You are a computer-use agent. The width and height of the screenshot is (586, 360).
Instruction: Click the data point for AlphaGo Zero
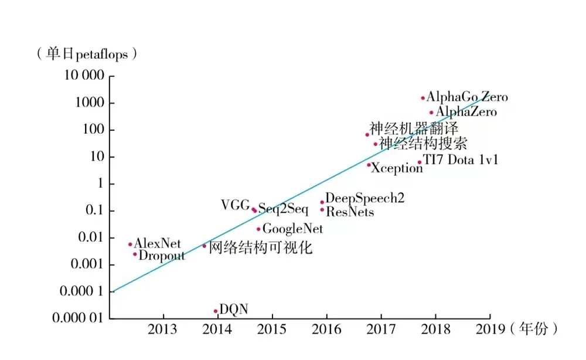[423, 98]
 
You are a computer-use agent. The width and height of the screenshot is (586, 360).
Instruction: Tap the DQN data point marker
[216, 311]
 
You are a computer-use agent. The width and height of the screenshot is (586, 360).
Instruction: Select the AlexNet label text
[158, 243]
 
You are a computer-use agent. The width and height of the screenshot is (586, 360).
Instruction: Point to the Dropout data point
[135, 254]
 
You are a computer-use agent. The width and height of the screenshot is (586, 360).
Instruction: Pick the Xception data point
[369, 165]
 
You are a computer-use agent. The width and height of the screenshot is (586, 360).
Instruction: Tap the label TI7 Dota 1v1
[461, 159]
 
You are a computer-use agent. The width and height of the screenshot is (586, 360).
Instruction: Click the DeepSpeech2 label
[364, 199]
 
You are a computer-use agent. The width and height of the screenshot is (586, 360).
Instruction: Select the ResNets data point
[322, 210]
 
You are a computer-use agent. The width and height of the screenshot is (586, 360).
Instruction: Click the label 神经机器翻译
[414, 128]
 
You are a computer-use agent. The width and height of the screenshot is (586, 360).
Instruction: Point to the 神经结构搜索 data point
[376, 144]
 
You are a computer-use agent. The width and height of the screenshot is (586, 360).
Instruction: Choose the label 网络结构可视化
[260, 247]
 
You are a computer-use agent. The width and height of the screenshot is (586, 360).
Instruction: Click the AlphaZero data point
[432, 112]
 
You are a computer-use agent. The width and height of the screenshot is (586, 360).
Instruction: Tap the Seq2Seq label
[283, 210]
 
